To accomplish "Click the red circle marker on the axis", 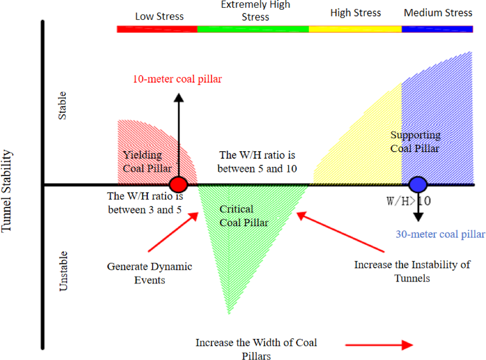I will pyautogui.click(x=179, y=184).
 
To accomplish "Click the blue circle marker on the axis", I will pyautogui.click(x=418, y=184).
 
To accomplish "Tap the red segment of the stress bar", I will pyautogui.click(x=157, y=29).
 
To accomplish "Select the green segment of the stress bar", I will pyautogui.click(x=253, y=29).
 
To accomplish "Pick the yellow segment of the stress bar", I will pyautogui.click(x=355, y=29).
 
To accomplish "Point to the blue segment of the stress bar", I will pyautogui.click(x=437, y=29).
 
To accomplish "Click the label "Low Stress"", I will pyautogui.click(x=159, y=16).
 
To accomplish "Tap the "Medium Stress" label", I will pyautogui.click(x=438, y=13).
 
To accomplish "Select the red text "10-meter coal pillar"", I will pyautogui.click(x=177, y=79).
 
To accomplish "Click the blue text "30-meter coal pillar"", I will pyautogui.click(x=440, y=234).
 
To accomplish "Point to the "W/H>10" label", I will pyautogui.click(x=408, y=201).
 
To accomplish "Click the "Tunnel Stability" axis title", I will pyautogui.click(x=7, y=191).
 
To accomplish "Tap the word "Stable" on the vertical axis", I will pyautogui.click(x=62, y=106).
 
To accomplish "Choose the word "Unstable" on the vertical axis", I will pyautogui.click(x=64, y=271).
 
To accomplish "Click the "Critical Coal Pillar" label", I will pyautogui.click(x=244, y=216).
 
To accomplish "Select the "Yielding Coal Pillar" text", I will pyautogui.click(x=147, y=162).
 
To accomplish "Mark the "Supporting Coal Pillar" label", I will pyautogui.click(x=415, y=142).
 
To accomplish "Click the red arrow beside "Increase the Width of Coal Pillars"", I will pyautogui.click(x=379, y=345).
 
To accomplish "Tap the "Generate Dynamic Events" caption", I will pyautogui.click(x=150, y=273).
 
